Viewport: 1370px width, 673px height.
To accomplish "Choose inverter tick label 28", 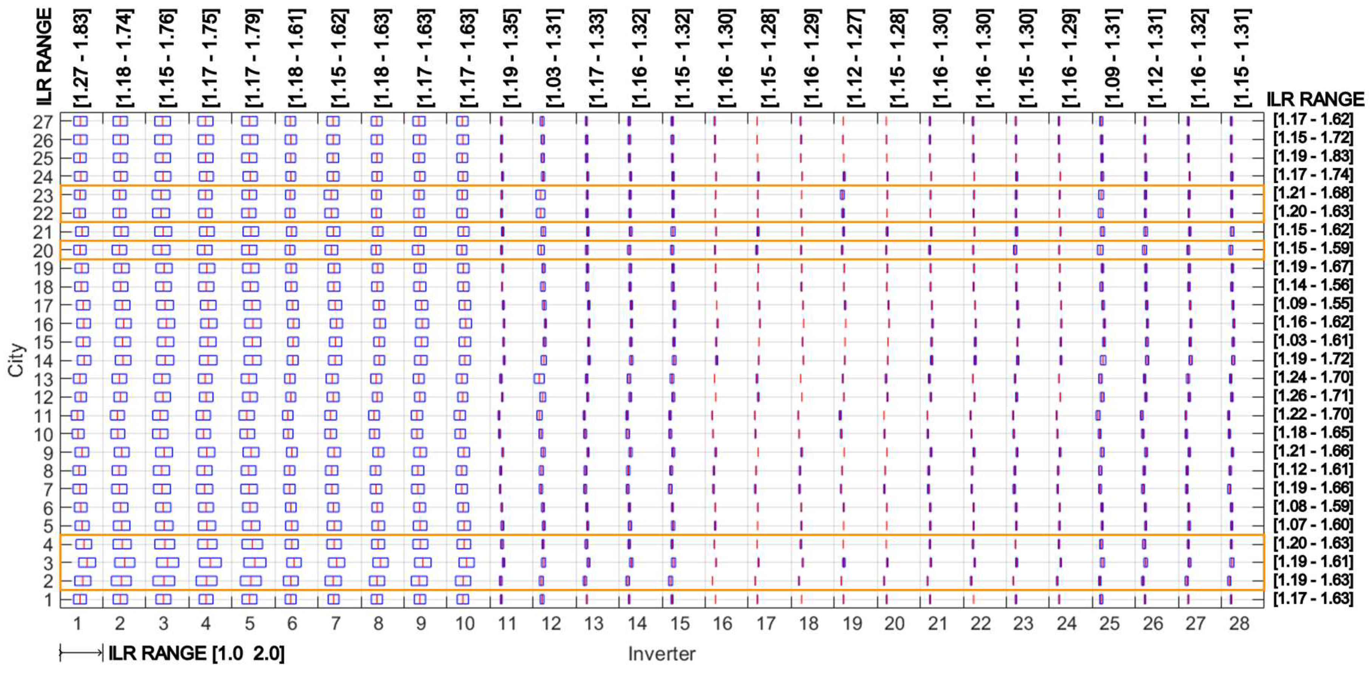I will click(1239, 624).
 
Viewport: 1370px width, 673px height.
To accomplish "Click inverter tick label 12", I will click(550, 624).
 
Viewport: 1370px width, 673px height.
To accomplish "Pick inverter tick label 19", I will click(852, 624).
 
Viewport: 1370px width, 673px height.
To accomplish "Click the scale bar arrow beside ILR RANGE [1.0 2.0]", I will click(81, 653).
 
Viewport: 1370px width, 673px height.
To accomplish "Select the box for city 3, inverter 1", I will click(87, 562).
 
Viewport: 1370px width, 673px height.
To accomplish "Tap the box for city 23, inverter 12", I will click(540, 195).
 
